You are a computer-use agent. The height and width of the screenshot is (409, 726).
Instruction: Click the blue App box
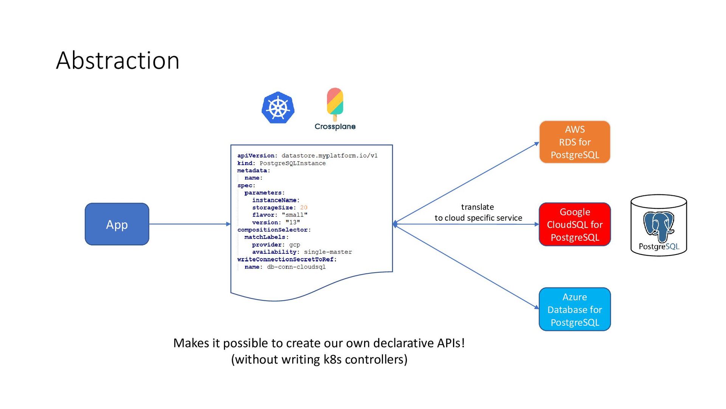point(117,224)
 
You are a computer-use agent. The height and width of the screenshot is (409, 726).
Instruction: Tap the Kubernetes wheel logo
point(278,108)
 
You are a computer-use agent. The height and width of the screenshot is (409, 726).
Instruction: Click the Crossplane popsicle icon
point(335,104)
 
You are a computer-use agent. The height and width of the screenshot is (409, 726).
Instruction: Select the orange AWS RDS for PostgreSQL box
point(575,142)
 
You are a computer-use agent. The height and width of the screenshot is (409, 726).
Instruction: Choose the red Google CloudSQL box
point(575,224)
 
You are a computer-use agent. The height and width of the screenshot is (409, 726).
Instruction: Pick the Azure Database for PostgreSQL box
point(575,309)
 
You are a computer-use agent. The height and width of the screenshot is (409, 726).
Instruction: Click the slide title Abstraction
point(118,60)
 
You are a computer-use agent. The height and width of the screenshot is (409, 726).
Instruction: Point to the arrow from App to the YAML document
point(190,224)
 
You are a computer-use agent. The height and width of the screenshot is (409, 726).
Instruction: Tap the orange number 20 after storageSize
point(304,208)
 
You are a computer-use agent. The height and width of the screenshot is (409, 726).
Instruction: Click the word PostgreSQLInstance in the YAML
point(293,163)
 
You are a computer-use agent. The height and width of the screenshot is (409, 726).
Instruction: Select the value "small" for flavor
point(295,215)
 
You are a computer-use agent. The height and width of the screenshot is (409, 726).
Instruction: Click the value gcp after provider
point(295,245)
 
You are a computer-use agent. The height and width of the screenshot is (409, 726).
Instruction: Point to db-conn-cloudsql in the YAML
point(296,267)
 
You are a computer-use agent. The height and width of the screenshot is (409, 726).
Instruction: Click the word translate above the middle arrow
point(478,207)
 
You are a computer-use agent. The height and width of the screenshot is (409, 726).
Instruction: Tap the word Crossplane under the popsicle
point(335,126)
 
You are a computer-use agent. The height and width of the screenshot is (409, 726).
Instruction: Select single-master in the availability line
point(328,252)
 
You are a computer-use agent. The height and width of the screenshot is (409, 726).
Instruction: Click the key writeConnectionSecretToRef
point(285,259)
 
